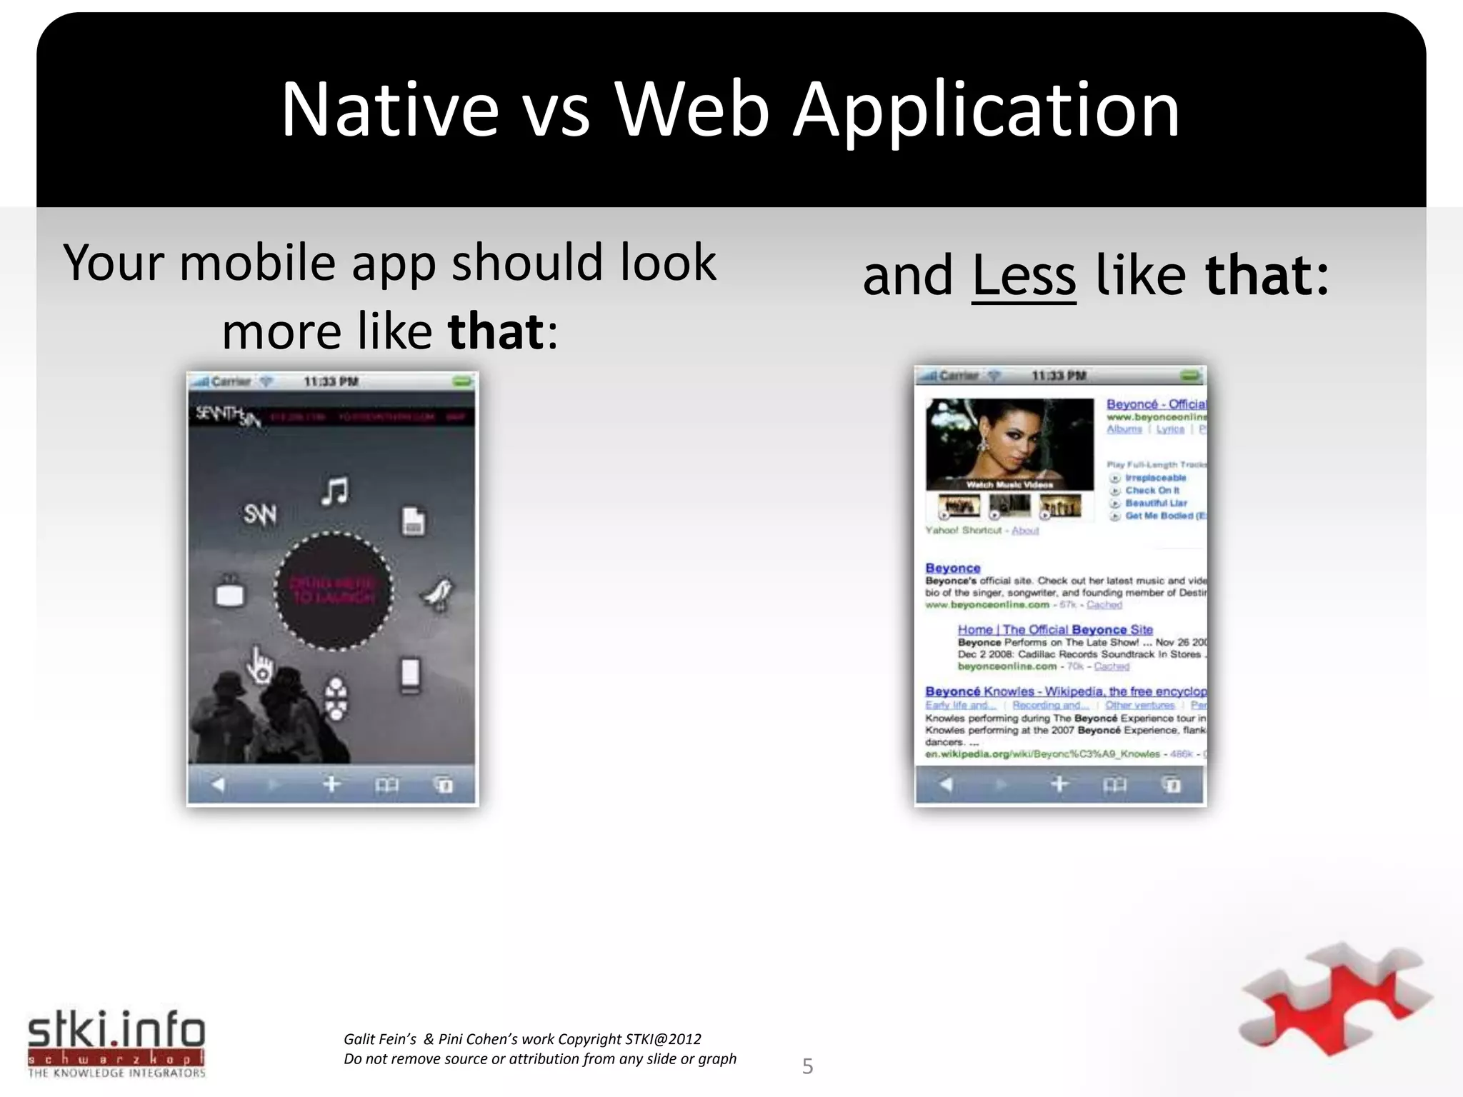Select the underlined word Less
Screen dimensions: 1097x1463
pos(1023,276)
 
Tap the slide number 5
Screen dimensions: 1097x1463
pos(807,1066)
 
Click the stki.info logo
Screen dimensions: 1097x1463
pos(116,1043)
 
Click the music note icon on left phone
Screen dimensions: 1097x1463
pos(335,491)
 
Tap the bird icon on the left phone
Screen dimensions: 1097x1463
pos(437,593)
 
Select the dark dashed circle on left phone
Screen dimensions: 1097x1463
pos(333,591)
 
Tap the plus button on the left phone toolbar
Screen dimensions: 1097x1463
pos(331,784)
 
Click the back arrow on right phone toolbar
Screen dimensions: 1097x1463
pos(946,784)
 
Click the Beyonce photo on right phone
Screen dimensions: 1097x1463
pos(1009,444)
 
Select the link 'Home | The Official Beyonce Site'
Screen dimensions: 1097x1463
pos(1054,629)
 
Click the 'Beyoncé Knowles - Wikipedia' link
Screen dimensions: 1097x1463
pos(1064,691)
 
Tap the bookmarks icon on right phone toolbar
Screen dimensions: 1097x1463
pos(1114,785)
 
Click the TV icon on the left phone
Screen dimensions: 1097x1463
pos(229,592)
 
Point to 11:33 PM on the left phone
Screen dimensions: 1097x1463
pos(331,381)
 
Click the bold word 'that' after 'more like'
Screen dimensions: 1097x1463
pos(496,331)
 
